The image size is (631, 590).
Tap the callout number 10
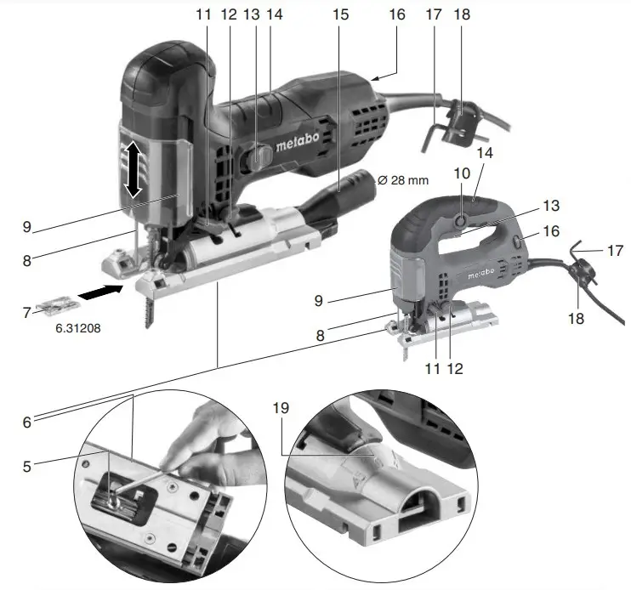click(x=463, y=173)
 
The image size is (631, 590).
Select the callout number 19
click(x=281, y=408)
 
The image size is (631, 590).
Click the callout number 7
click(x=26, y=312)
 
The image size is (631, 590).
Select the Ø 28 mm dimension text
click(x=404, y=180)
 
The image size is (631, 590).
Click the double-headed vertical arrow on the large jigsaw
click(x=134, y=171)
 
